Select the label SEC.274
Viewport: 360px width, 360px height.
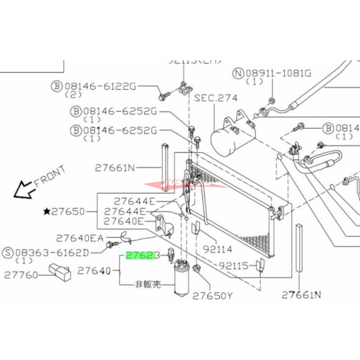coord(216,98)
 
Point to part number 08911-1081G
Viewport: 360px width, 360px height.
coord(278,74)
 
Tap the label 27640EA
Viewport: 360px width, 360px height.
coord(80,238)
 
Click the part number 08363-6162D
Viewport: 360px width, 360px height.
coord(58,252)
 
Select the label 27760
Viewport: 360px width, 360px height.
coord(21,275)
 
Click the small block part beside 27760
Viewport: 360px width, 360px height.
coord(60,272)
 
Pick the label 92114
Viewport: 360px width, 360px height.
coord(218,250)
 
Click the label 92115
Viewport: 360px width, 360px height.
coord(233,266)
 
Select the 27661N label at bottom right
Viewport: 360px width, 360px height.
coord(301,295)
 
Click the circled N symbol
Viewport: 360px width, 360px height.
coord(237,74)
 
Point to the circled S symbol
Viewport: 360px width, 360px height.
coord(8,252)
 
